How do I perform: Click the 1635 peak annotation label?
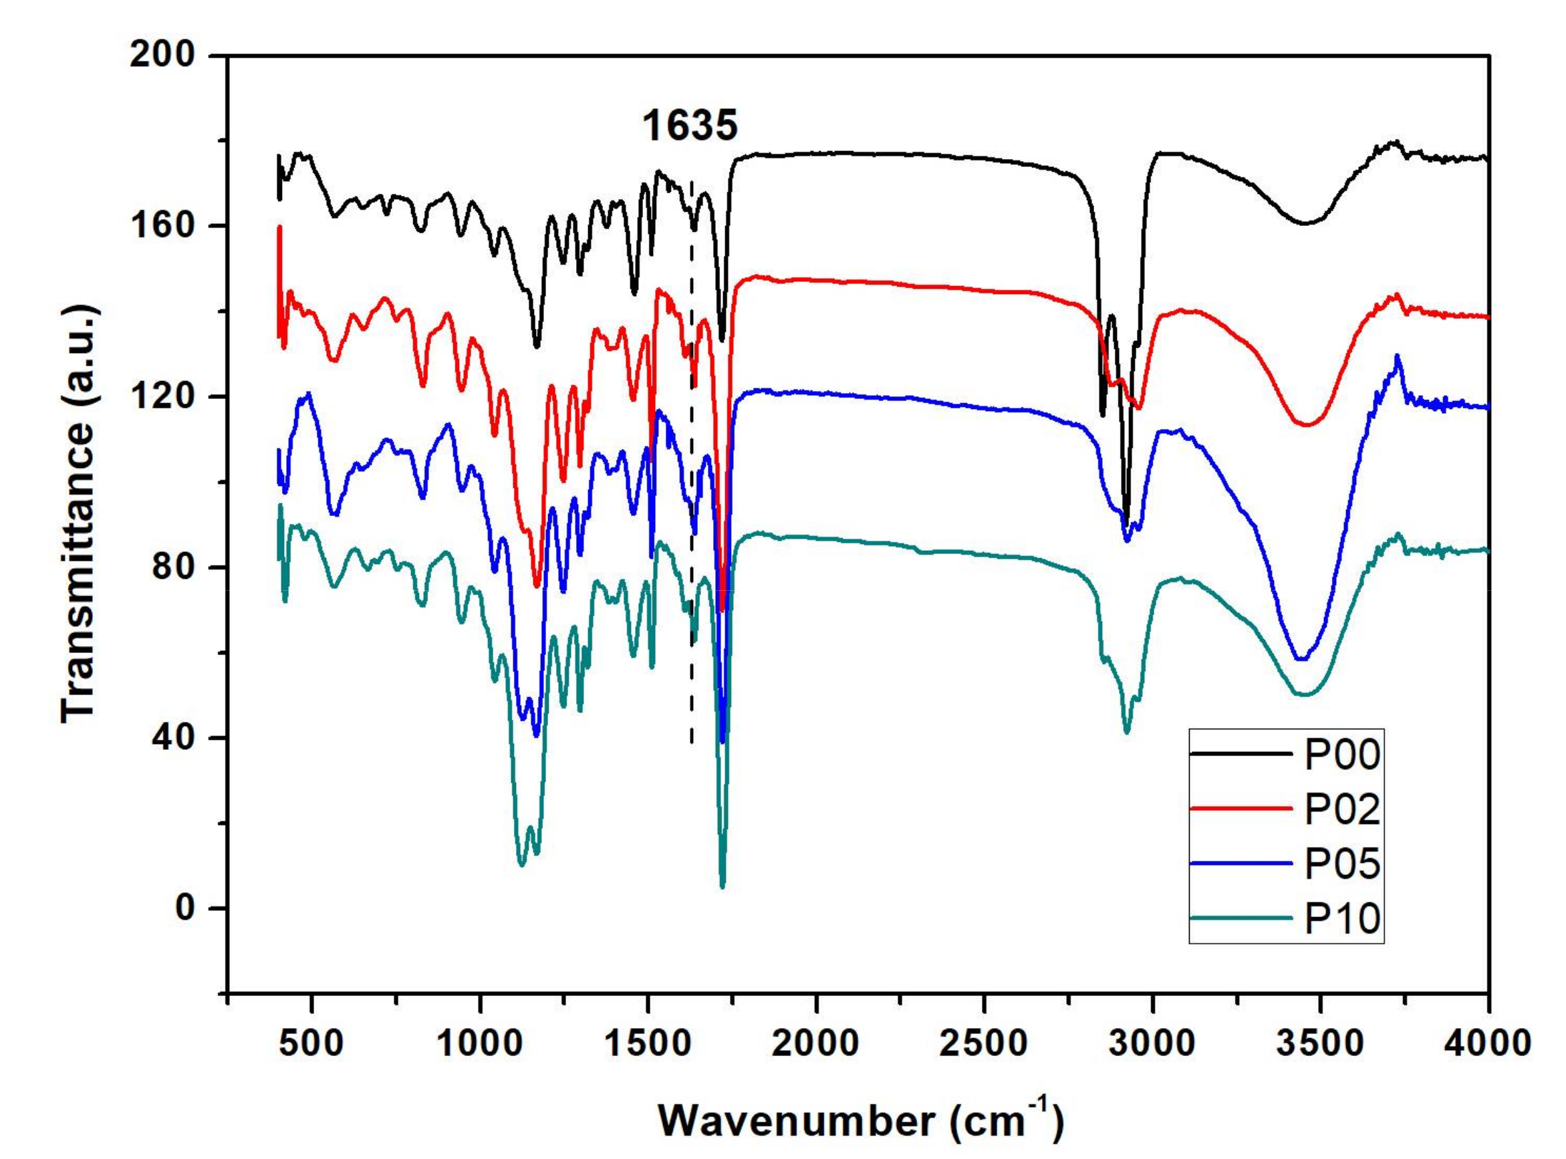coord(690,126)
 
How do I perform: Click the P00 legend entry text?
coord(1341,755)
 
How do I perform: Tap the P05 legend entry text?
coord(1341,864)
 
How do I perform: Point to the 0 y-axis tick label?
coord(184,908)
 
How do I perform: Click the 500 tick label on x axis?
coord(311,1043)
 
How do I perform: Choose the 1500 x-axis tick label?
coord(648,1043)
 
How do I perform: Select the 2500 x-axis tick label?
coord(984,1043)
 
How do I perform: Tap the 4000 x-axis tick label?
coord(1487,1043)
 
